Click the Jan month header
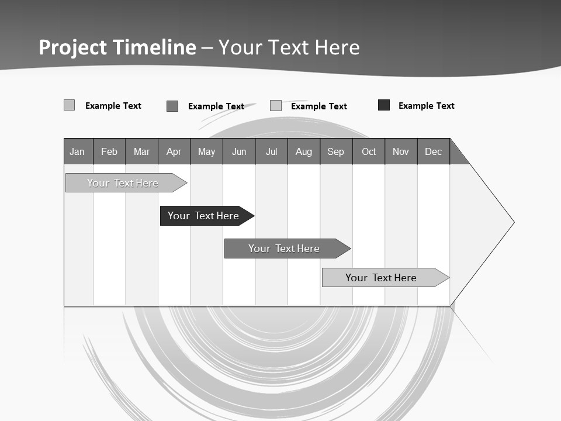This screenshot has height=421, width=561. [x=78, y=151]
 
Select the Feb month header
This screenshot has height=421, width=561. [x=109, y=151]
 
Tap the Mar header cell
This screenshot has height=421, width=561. [x=141, y=151]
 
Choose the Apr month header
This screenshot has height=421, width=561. [x=174, y=151]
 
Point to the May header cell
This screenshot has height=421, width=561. [x=206, y=151]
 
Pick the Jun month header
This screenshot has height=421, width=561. [x=239, y=151]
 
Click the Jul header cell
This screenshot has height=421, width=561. [x=271, y=151]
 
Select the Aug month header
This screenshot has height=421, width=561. [x=304, y=151]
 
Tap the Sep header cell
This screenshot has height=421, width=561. [x=336, y=151]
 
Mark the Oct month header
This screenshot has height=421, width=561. [x=369, y=151]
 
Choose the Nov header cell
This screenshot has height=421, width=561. [x=401, y=151]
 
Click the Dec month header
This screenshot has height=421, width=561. [x=434, y=151]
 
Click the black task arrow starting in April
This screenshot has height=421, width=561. [x=205, y=216]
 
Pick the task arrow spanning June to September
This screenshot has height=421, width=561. [x=285, y=249]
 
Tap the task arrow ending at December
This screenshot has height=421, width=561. [x=383, y=278]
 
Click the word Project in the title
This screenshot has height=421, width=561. [x=73, y=47]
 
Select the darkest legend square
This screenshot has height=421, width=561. [x=384, y=105]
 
